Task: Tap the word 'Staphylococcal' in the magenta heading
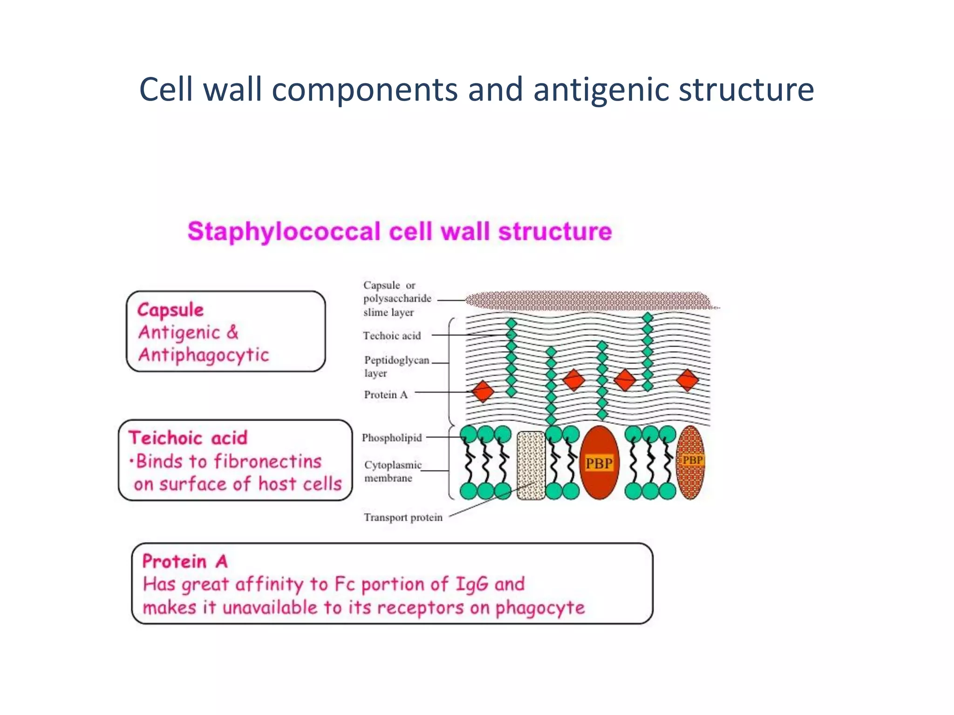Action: (284, 231)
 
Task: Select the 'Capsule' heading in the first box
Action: (170, 310)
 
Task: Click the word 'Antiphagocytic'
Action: (204, 355)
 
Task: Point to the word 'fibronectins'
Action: (268, 461)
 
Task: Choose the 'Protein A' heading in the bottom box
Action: (185, 561)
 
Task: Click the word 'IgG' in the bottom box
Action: (471, 584)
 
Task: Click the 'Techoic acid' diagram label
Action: (392, 336)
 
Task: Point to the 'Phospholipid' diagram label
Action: (392, 438)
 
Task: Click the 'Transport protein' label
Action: (403, 517)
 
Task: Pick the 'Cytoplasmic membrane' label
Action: (392, 471)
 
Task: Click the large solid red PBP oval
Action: (599, 462)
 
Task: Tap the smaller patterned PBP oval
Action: (690, 462)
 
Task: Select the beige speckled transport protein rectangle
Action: (531, 465)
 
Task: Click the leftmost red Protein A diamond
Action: (483, 391)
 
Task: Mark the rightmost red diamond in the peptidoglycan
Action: (687, 380)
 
